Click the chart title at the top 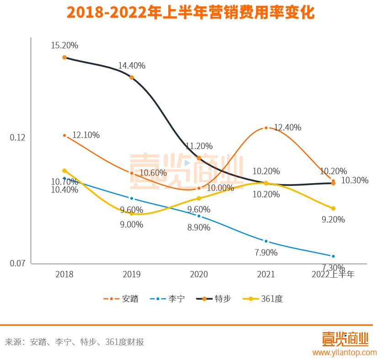tap(191, 12)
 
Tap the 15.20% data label tap(64, 45)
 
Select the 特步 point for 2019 tap(132, 78)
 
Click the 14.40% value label tap(132, 65)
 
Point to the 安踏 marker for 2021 tap(266, 128)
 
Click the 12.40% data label tap(287, 127)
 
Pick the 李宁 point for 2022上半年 tap(333, 256)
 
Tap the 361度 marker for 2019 tap(132, 213)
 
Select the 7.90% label tap(266, 252)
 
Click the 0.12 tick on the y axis tap(17, 138)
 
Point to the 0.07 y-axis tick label tap(17, 264)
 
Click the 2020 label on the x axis tap(199, 274)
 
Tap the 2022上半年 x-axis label tap(333, 274)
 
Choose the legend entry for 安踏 tap(121, 299)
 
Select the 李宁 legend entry tap(168, 299)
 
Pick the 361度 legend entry tap(263, 299)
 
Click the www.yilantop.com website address tap(344, 352)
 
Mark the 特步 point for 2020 tap(199, 158)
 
